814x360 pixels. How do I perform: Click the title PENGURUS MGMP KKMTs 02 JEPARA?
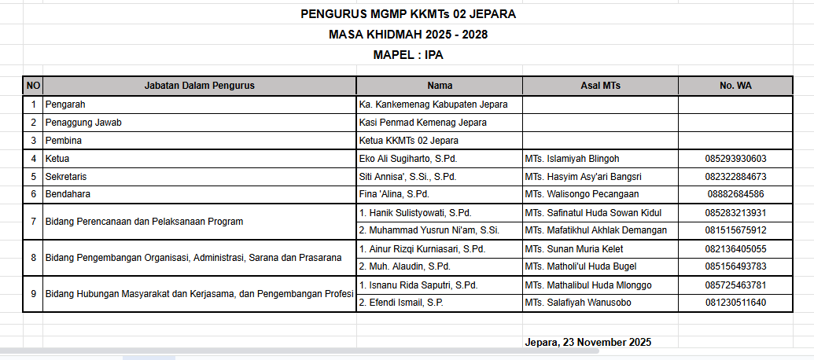408,14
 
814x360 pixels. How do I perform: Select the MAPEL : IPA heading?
408,55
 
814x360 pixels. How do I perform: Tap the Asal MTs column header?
600,86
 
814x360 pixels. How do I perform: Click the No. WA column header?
735,86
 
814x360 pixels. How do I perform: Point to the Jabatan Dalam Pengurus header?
199,86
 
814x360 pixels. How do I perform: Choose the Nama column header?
440,86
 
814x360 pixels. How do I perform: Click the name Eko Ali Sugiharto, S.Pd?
407,159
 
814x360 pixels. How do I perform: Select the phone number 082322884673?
735,177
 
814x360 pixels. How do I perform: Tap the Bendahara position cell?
68,194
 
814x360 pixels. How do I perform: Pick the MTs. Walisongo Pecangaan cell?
581,194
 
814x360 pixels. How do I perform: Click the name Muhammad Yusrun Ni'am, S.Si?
429,230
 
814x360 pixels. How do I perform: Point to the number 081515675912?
735,230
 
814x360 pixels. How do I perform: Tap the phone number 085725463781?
735,285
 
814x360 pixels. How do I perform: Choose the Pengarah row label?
65,105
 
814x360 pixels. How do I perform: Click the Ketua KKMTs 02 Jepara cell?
408,141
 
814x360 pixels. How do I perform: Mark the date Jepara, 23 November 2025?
587,342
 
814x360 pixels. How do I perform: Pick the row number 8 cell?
33,258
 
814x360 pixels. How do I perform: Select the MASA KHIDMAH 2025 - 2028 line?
408,35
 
